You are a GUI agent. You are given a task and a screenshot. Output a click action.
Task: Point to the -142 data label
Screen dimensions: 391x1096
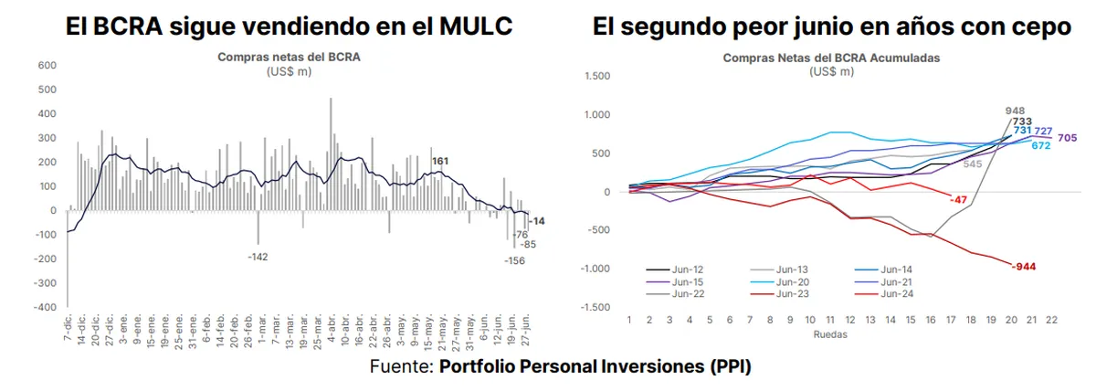tap(258, 257)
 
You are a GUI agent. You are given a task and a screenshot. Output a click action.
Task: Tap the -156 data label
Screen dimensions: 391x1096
tap(515, 260)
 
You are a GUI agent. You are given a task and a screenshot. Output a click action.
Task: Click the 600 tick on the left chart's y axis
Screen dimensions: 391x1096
tap(47, 66)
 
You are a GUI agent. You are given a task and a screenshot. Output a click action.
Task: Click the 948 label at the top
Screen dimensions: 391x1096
tap(1014, 110)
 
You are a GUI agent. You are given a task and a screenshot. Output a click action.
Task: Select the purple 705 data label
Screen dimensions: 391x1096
tap(1068, 138)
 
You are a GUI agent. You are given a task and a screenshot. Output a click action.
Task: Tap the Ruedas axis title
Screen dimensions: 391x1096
tap(830, 334)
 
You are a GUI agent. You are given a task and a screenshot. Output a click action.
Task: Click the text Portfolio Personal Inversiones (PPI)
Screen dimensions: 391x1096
tap(595, 366)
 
